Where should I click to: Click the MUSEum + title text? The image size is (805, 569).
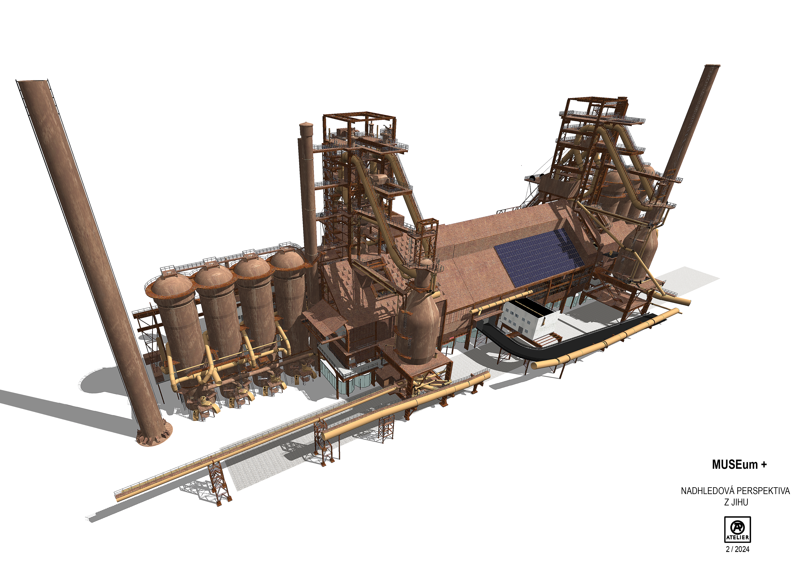point(739,465)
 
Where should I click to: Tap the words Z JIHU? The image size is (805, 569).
point(736,502)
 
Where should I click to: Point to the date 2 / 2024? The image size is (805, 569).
point(737,549)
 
